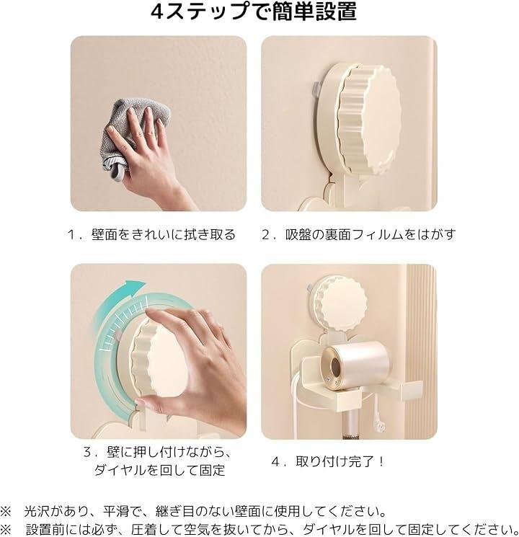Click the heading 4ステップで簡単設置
pyautogui.click(x=254, y=12)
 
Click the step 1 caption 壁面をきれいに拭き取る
pyautogui.click(x=163, y=234)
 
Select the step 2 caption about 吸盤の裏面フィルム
pyautogui.click(x=371, y=234)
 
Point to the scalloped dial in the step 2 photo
pyautogui.click(x=369, y=118)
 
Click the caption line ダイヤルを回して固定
pyautogui.click(x=159, y=470)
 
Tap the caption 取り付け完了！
pyautogui.click(x=340, y=461)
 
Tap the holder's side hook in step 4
pyautogui.click(x=413, y=390)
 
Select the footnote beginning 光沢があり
pyautogui.click(x=205, y=511)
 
